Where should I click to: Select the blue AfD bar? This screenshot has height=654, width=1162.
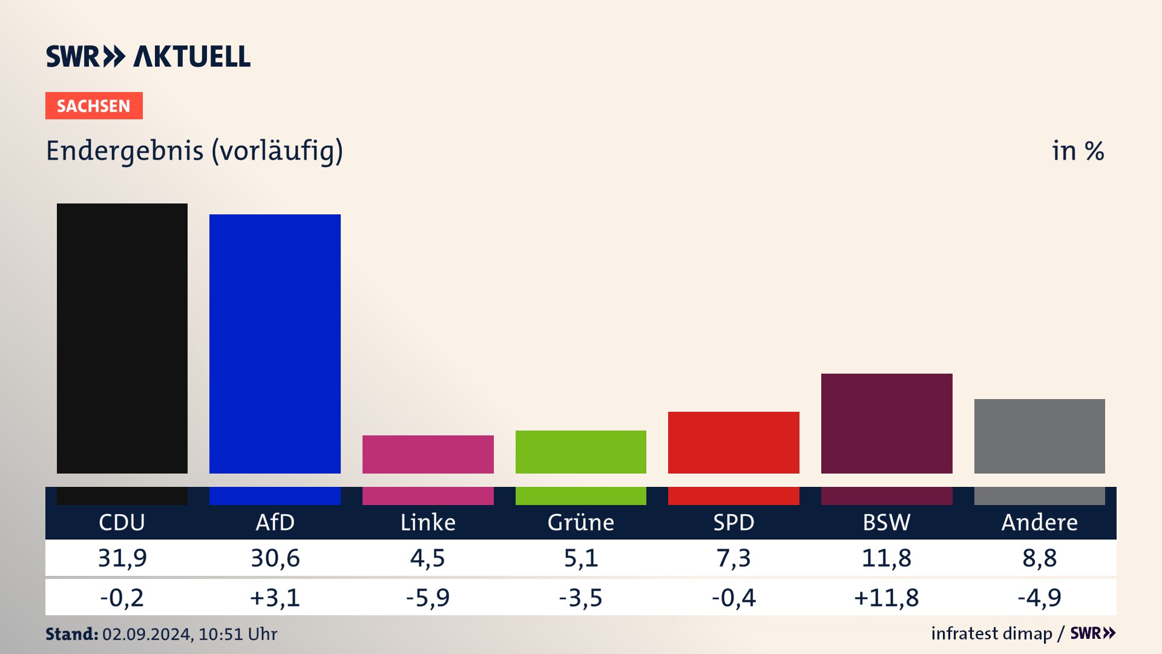[x=275, y=343]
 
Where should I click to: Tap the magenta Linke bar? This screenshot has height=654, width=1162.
[x=428, y=454]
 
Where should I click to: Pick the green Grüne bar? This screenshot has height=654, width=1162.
[x=581, y=452]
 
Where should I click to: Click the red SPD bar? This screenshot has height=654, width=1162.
[x=734, y=442]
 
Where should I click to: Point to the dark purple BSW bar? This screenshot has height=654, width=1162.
[x=887, y=423]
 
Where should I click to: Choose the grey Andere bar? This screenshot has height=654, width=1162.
[x=1039, y=436]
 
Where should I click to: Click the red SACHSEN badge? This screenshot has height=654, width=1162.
[x=94, y=106]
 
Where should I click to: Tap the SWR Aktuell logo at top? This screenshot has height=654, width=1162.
[x=148, y=56]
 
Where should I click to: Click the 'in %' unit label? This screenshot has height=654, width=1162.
[x=1078, y=151]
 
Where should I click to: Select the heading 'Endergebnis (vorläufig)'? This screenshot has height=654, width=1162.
[x=194, y=151]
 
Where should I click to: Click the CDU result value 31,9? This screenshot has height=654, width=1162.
[x=122, y=558]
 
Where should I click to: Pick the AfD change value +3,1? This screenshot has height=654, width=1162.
[x=275, y=598]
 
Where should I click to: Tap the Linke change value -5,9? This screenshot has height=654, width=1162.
[x=428, y=598]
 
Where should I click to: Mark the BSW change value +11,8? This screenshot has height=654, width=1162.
[x=887, y=598]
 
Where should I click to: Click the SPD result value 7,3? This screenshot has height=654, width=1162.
[x=734, y=558]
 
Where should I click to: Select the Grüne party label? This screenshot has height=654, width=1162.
[x=581, y=522]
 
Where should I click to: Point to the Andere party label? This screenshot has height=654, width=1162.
[x=1039, y=522]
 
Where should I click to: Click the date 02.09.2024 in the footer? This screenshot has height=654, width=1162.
[x=147, y=634]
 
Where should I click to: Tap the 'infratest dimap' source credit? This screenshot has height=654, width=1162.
[x=991, y=633]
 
